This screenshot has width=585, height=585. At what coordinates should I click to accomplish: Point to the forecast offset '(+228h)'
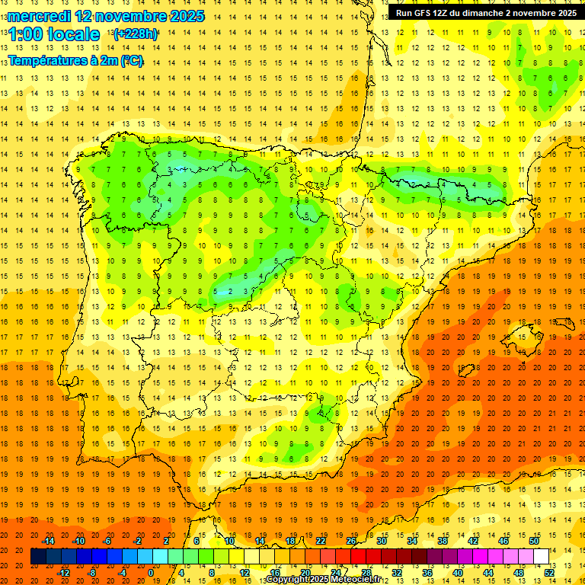click(x=136, y=34)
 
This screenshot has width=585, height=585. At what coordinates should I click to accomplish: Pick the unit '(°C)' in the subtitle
click(x=131, y=60)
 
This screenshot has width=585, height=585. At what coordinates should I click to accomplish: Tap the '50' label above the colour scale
click(x=534, y=541)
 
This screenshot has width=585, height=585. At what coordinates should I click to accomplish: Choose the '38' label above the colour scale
click(x=442, y=541)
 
